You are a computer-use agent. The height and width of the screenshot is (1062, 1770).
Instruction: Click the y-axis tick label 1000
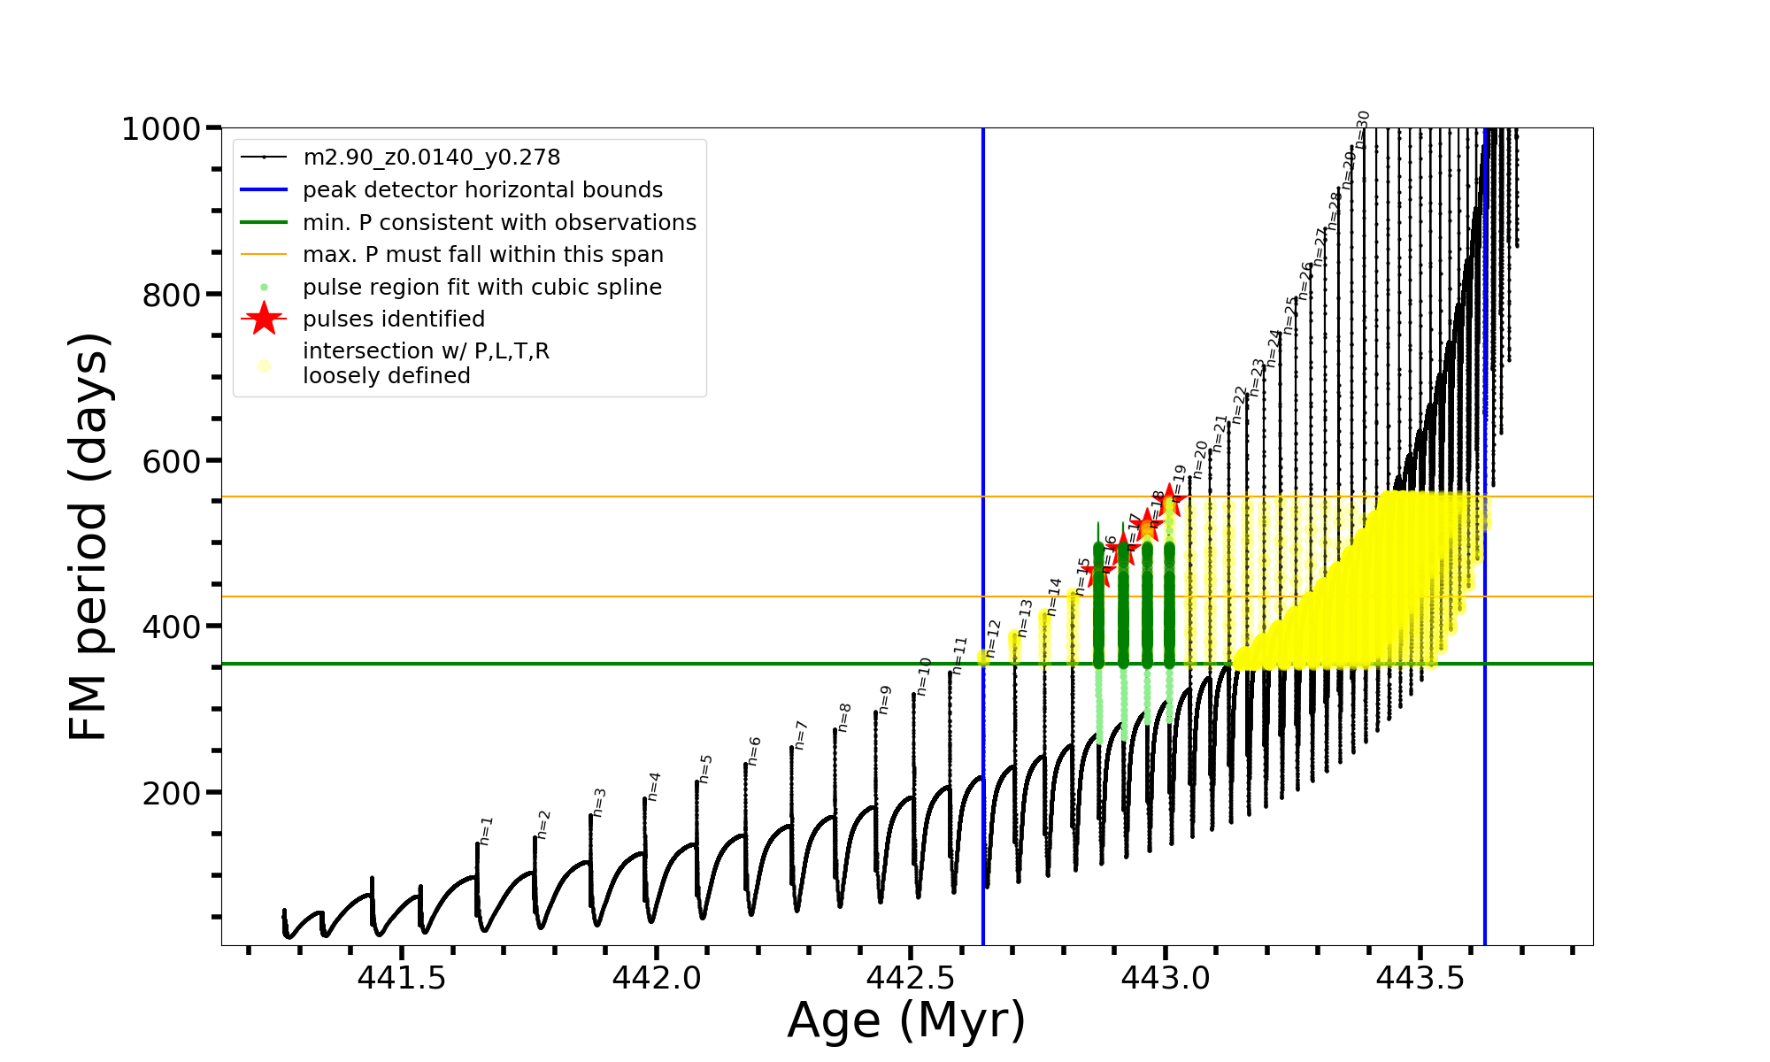(160, 129)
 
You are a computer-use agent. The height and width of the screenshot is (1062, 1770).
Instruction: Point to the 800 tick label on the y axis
(172, 295)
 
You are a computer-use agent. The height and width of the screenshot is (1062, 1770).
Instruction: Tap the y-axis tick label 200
(172, 793)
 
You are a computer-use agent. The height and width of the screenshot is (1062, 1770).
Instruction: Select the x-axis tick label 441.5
(402, 978)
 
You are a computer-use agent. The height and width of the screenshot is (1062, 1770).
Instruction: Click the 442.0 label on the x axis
(657, 978)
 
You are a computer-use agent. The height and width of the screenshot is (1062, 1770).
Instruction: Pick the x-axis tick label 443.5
(1420, 978)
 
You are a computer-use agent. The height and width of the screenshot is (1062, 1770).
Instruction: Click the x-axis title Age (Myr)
(906, 1020)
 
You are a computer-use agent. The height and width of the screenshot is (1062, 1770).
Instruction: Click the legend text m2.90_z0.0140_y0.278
(431, 158)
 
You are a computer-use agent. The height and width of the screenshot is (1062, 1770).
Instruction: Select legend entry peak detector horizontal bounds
(482, 190)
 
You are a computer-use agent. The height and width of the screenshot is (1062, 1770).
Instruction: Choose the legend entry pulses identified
(394, 319)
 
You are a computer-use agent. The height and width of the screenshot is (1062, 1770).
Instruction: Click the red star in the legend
(264, 319)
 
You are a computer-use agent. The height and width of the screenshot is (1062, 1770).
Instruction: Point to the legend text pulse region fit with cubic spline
(482, 288)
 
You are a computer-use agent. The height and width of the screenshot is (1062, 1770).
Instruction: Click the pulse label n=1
(486, 830)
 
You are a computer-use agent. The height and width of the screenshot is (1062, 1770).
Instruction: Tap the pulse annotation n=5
(705, 769)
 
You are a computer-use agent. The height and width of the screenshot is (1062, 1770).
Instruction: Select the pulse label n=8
(844, 717)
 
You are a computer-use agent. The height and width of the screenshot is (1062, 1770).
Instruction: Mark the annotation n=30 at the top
(1363, 129)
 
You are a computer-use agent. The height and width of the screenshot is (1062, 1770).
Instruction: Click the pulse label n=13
(1025, 618)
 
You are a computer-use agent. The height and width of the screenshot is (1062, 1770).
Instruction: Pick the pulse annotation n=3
(599, 802)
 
